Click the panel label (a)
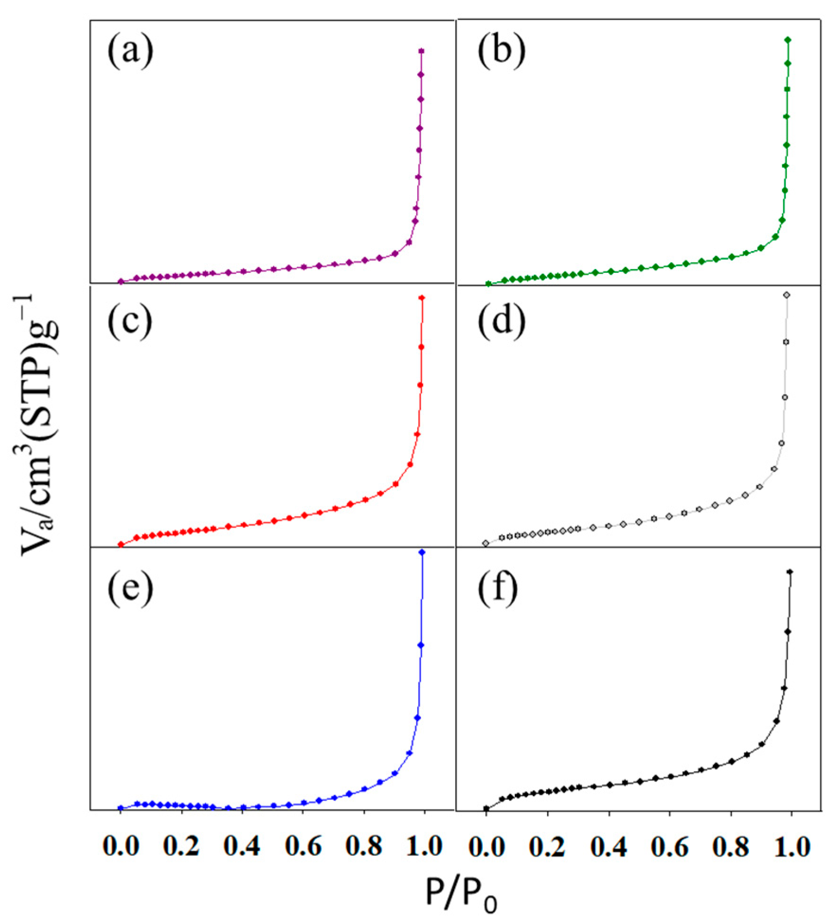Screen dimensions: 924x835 pos(130,52)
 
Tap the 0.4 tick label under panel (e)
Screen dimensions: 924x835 pos(242,846)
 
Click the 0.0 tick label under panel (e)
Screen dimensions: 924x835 pos(120,846)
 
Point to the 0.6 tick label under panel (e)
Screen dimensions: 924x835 pos(303,846)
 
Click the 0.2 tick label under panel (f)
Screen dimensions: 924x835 pos(548,846)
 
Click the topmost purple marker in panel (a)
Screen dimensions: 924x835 pos(421,51)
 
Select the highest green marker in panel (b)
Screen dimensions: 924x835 pos(788,40)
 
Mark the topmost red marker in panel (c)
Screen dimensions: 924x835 pos(422,298)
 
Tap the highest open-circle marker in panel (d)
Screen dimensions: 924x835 pos(787,295)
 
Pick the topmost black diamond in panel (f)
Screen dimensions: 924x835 pos(790,572)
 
